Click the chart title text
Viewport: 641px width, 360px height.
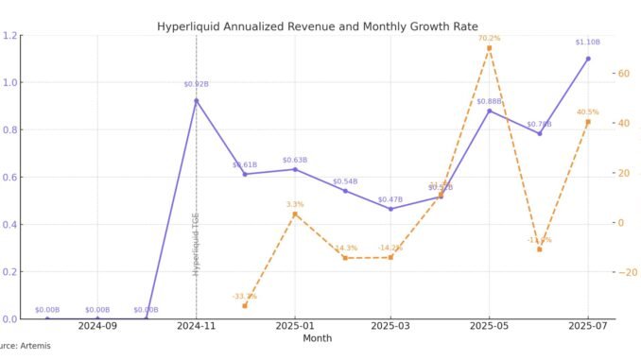[317, 27]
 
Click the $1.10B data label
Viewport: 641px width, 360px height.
[588, 43]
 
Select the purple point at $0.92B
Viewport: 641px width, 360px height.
[196, 100]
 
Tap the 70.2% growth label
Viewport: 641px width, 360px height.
[489, 38]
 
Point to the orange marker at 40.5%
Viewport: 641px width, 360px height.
[588, 122]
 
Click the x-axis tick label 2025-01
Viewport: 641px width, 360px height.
[295, 326]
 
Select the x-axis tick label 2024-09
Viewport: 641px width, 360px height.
[97, 326]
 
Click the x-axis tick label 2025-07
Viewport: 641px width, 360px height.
[588, 326]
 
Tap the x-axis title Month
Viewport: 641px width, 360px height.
[317, 337]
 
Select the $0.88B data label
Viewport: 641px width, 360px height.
[489, 101]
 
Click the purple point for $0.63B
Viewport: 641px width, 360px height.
[295, 169]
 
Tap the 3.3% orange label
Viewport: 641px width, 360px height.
[295, 204]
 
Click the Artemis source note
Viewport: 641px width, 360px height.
[26, 347]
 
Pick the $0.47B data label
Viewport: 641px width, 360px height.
[390, 199]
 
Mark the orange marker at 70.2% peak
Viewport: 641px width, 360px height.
[489, 48]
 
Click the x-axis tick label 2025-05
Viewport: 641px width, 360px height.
[489, 326]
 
